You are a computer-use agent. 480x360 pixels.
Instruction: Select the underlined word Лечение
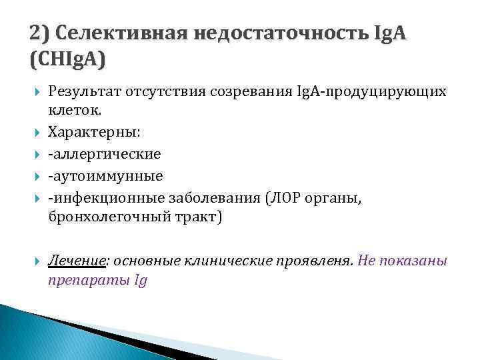coord(73,260)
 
